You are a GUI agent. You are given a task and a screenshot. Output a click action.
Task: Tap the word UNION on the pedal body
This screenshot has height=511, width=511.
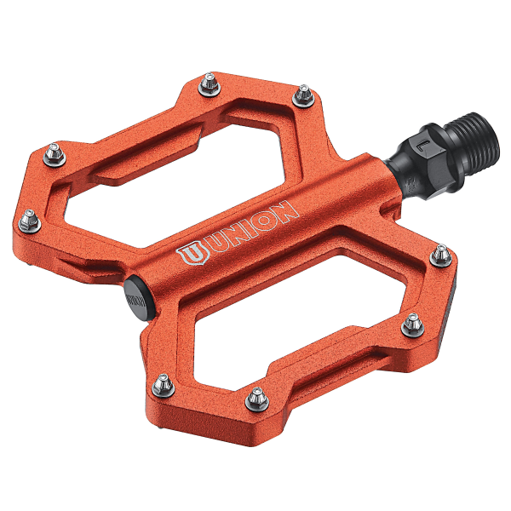point(247,230)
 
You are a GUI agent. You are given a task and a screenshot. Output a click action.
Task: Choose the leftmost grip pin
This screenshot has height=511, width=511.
point(28,221)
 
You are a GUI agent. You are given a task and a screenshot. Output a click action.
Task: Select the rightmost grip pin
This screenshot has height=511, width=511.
point(441,254)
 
